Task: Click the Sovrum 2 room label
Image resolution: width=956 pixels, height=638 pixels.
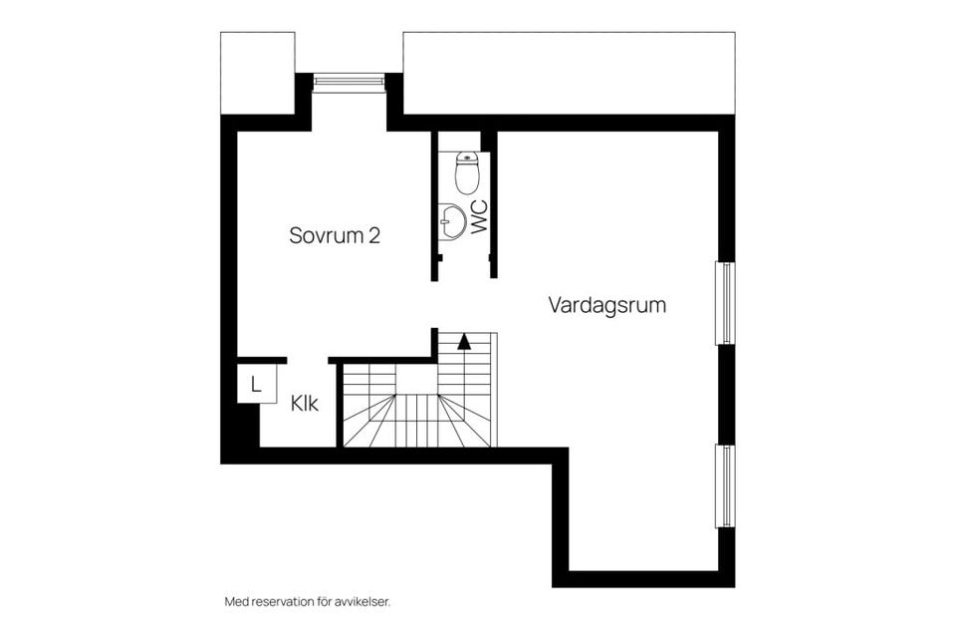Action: click(335, 236)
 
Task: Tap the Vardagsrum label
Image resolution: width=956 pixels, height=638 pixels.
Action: click(606, 305)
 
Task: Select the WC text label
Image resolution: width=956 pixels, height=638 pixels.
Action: click(479, 217)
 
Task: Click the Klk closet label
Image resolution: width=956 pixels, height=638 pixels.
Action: click(305, 405)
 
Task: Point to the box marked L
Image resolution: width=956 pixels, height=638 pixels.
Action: click(256, 385)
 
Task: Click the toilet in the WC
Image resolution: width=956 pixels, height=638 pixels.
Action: click(467, 173)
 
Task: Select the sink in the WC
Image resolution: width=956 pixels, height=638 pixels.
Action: click(452, 221)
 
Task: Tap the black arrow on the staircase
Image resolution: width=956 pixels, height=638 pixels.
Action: click(464, 341)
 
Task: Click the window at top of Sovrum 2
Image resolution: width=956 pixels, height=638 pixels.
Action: click(349, 83)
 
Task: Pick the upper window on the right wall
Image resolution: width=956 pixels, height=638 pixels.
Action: click(726, 303)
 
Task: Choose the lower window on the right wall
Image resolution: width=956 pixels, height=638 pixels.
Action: click(726, 485)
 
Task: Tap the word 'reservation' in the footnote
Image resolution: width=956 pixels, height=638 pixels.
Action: click(281, 602)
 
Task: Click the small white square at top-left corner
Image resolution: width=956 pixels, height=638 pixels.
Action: click(257, 73)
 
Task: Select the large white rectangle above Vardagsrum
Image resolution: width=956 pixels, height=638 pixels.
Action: click(569, 73)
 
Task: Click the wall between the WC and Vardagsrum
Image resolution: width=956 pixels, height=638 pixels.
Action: click(492, 204)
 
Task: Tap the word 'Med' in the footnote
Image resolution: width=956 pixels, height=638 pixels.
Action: click(235, 602)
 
